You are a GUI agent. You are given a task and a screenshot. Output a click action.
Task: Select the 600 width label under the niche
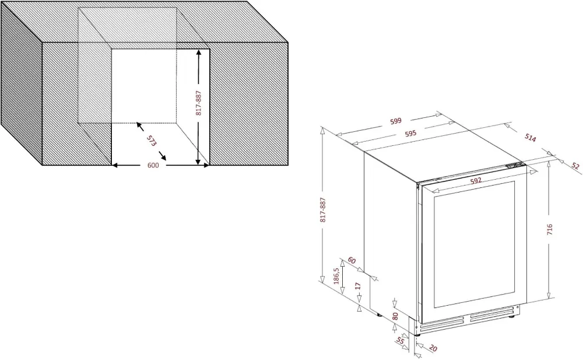point(153,166)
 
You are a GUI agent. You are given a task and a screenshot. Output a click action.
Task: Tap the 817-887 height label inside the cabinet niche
point(199,103)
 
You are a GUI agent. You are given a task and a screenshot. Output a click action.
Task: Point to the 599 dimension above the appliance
point(396,121)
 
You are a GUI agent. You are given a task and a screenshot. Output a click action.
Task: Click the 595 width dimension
point(410,134)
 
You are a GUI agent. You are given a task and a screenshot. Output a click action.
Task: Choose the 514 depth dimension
point(530,138)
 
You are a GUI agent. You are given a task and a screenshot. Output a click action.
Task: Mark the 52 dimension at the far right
point(575,166)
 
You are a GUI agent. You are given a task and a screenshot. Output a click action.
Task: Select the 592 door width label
point(475,181)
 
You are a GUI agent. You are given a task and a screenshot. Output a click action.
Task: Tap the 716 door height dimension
point(549,229)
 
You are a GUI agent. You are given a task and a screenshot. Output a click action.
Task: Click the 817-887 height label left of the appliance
point(322,210)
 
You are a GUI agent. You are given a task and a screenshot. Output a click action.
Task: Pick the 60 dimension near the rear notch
point(352,260)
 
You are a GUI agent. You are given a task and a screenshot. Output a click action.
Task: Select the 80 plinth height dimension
point(395,317)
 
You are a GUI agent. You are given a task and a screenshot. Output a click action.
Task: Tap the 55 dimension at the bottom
point(400,341)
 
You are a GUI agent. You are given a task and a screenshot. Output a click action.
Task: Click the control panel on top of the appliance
point(515,166)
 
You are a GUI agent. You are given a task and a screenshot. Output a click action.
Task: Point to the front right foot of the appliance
point(512,317)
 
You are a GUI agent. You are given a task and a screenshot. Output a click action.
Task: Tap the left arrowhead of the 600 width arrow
point(115,166)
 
